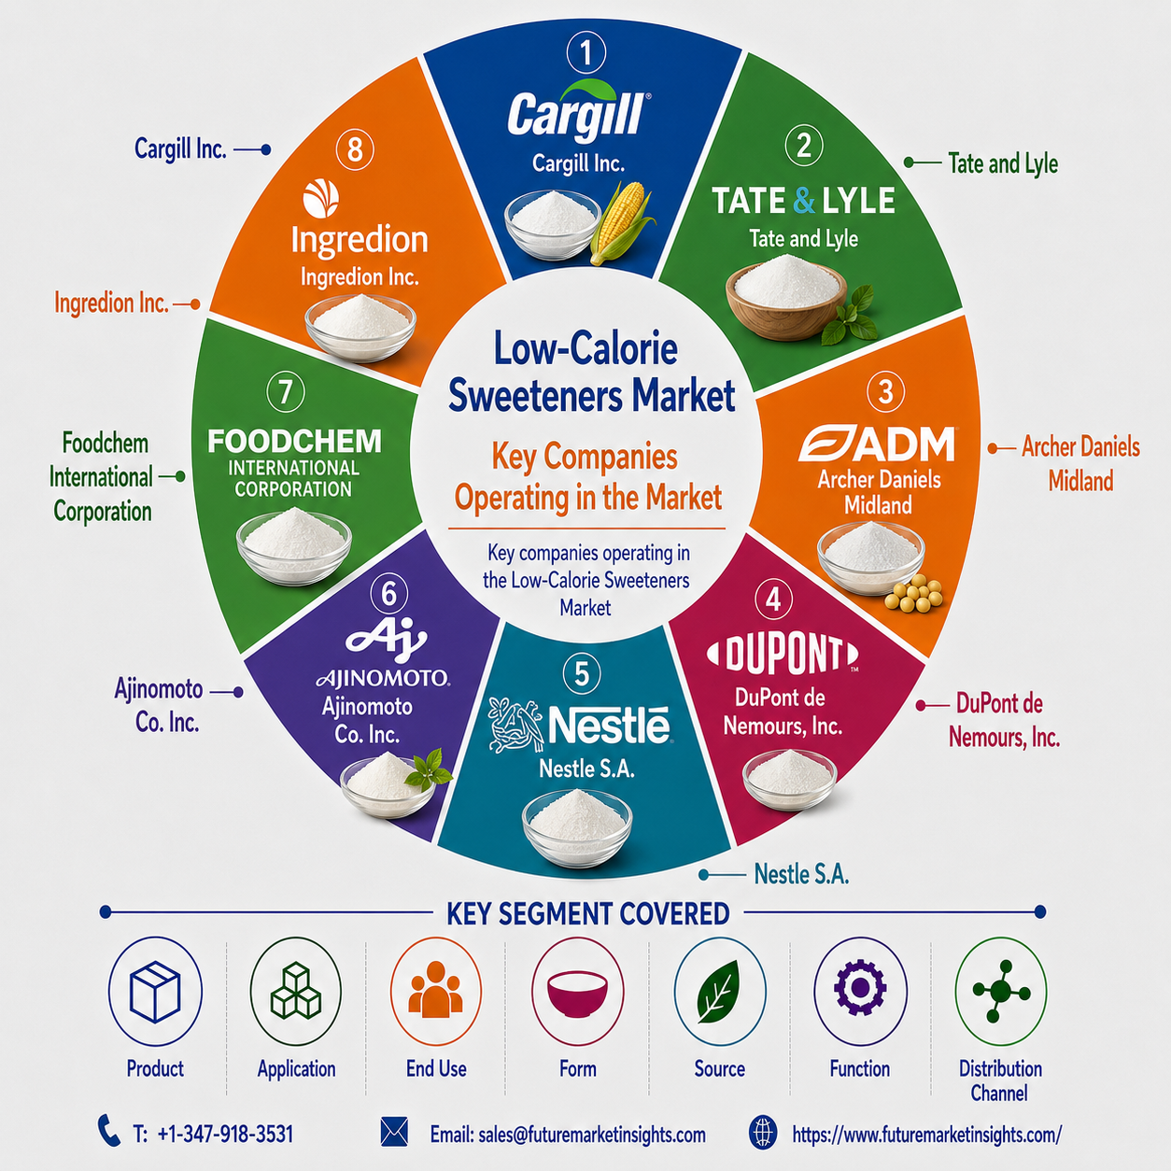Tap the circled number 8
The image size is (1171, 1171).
355,148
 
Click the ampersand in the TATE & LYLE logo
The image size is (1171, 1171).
803,201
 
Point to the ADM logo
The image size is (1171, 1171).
876,444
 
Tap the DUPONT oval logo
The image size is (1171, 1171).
783,655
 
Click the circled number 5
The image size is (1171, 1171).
582,674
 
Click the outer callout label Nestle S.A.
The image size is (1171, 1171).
801,874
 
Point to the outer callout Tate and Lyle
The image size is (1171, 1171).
1003,163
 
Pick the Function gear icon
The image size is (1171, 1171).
860,988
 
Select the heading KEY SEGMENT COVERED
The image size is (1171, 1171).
587,914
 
